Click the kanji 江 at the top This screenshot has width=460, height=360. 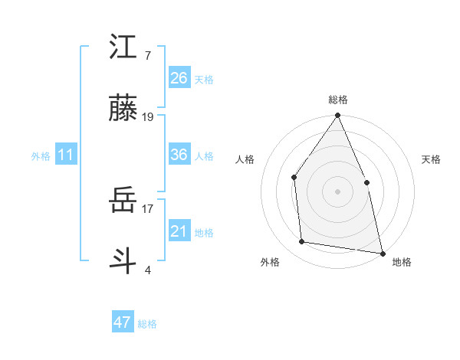point(123,47)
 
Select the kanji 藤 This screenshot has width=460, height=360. point(123,110)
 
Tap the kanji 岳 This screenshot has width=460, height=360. point(123,201)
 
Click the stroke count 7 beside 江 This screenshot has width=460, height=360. point(147,56)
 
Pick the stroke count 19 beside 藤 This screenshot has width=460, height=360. point(148,117)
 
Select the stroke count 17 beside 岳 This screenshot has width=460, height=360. point(148,208)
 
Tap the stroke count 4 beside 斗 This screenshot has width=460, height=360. point(147,270)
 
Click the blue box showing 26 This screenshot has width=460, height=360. point(179,78)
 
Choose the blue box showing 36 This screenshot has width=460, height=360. point(179,155)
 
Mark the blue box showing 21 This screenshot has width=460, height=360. point(179,231)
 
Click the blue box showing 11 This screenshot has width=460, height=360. point(66,155)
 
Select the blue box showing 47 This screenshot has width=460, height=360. point(123,322)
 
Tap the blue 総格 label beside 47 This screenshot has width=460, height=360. point(147,324)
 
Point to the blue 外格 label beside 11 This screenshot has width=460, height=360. point(41,156)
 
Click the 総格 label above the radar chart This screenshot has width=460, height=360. point(338,100)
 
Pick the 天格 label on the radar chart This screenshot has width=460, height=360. point(431,159)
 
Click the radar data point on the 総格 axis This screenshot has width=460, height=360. point(337,116)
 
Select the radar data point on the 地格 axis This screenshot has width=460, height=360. point(382,253)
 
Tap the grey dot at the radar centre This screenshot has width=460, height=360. point(337,191)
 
